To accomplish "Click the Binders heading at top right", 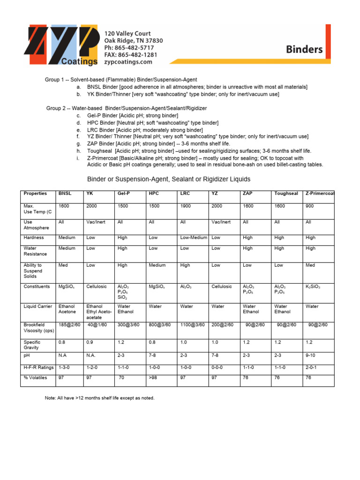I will (x=304, y=49).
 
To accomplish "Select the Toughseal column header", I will (x=286, y=194).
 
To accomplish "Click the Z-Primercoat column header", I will (x=320, y=194).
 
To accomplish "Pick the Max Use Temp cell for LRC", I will (x=187, y=206).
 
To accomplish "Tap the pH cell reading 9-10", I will (x=311, y=356).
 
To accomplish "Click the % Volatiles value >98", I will (x=153, y=378).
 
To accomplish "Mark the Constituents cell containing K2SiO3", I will (x=313, y=286).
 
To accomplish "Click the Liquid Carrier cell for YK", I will (x=99, y=312).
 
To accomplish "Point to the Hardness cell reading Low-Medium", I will (x=194, y=238).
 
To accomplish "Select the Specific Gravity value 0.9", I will (x=90, y=343).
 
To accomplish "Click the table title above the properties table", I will (x=169, y=179).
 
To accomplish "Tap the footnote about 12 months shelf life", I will (x=99, y=398).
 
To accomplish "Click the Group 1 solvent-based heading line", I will (x=121, y=80).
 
